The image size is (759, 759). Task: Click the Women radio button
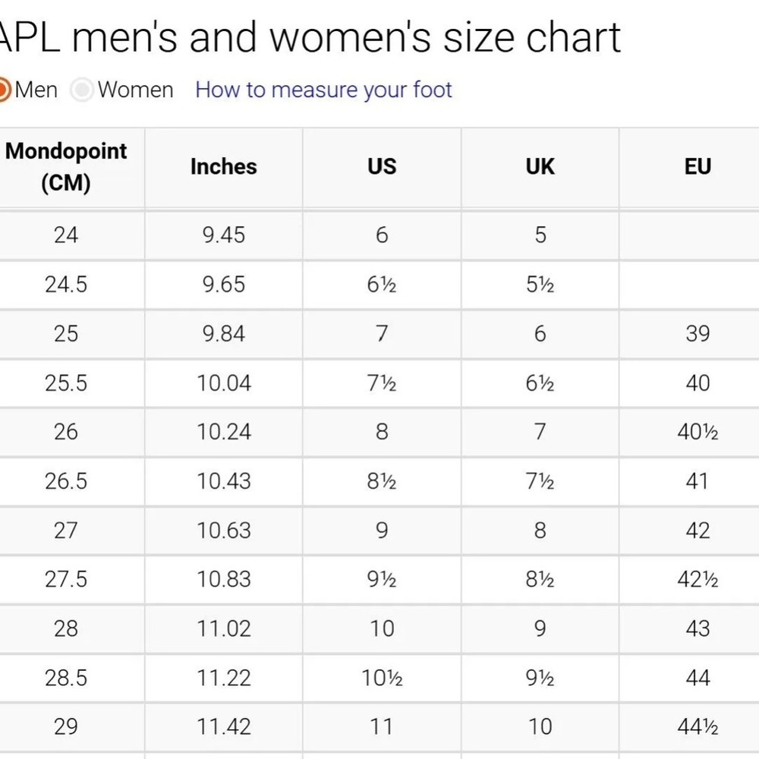pyautogui.click(x=82, y=90)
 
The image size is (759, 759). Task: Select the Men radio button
pyautogui.click(x=2, y=90)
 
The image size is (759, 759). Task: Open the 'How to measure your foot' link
pyautogui.click(x=323, y=90)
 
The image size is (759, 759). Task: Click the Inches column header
pyautogui.click(x=224, y=166)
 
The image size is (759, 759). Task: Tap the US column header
pyautogui.click(x=382, y=166)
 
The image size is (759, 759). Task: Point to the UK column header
pyautogui.click(x=540, y=166)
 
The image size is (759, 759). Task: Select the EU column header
pyautogui.click(x=698, y=166)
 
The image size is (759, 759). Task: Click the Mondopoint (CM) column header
pyautogui.click(x=66, y=167)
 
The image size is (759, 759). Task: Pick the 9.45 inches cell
pyautogui.click(x=224, y=235)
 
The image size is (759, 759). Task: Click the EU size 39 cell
pyautogui.click(x=698, y=333)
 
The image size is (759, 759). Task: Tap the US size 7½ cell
pyautogui.click(x=382, y=383)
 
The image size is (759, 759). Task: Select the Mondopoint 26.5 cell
pyautogui.click(x=66, y=481)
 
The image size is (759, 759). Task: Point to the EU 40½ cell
pyautogui.click(x=698, y=432)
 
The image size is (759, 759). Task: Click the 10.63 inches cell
pyautogui.click(x=224, y=531)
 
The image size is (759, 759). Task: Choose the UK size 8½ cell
pyautogui.click(x=540, y=579)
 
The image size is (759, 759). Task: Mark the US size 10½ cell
pyautogui.click(x=382, y=678)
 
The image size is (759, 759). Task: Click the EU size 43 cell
pyautogui.click(x=698, y=628)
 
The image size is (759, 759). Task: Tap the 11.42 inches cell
pyautogui.click(x=224, y=727)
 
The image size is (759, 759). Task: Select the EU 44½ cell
pyautogui.click(x=698, y=727)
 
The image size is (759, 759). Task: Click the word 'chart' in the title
pyautogui.click(x=573, y=38)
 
